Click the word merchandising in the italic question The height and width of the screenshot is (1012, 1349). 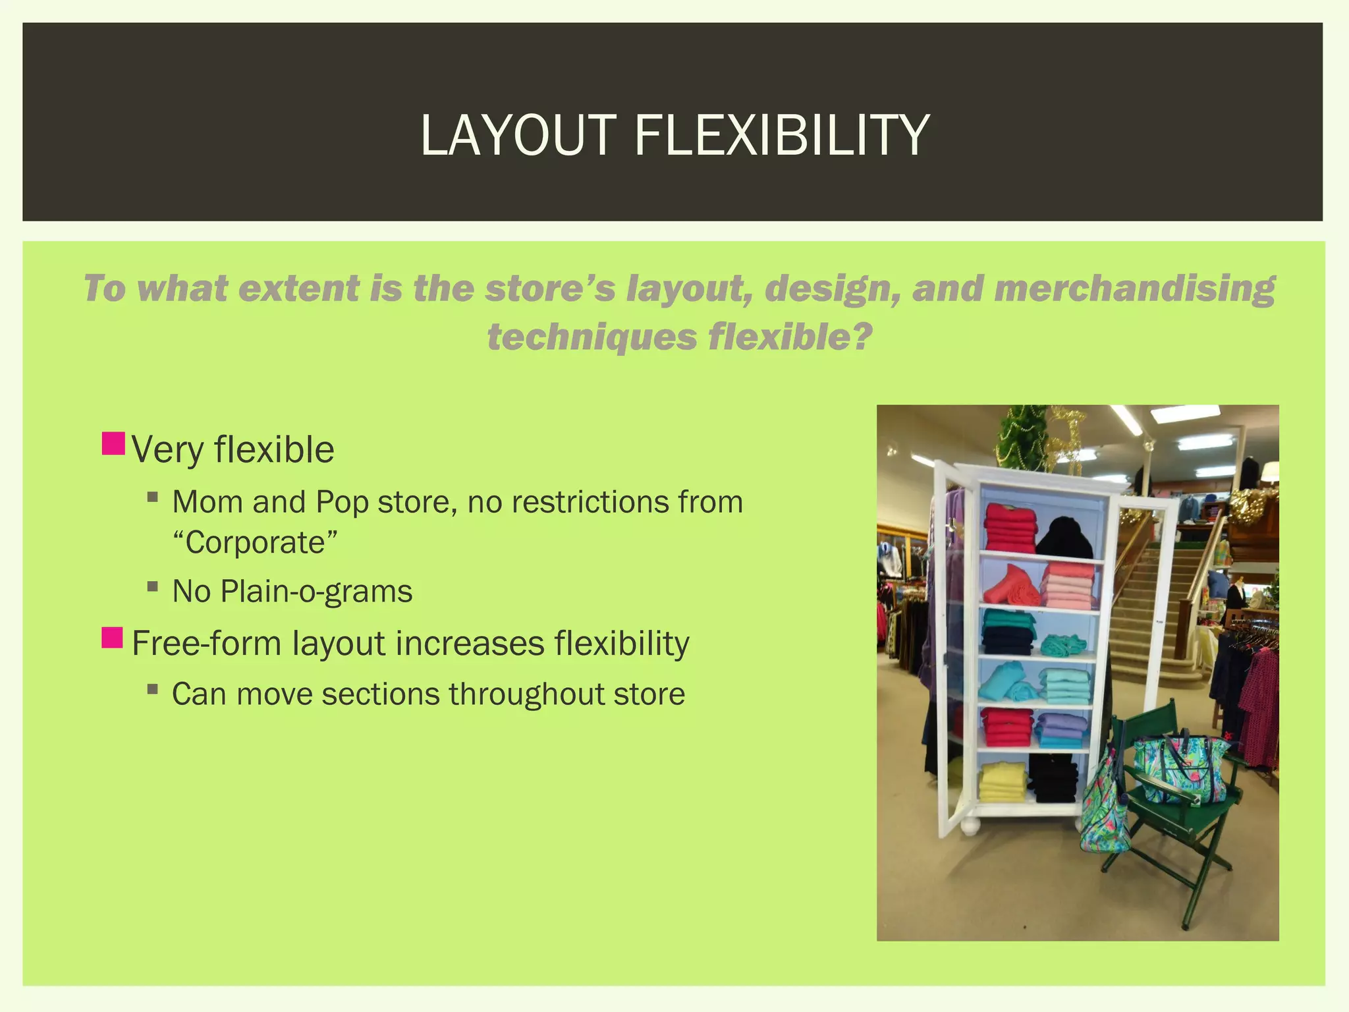coord(1134,289)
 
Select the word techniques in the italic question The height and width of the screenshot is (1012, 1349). coord(591,337)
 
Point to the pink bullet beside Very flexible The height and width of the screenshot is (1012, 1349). coord(113,443)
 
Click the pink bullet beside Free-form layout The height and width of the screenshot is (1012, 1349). coord(113,638)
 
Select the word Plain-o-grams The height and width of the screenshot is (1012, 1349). coord(316,591)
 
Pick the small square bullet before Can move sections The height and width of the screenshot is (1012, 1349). coord(153,689)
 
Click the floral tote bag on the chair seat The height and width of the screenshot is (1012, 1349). coord(1180,768)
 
